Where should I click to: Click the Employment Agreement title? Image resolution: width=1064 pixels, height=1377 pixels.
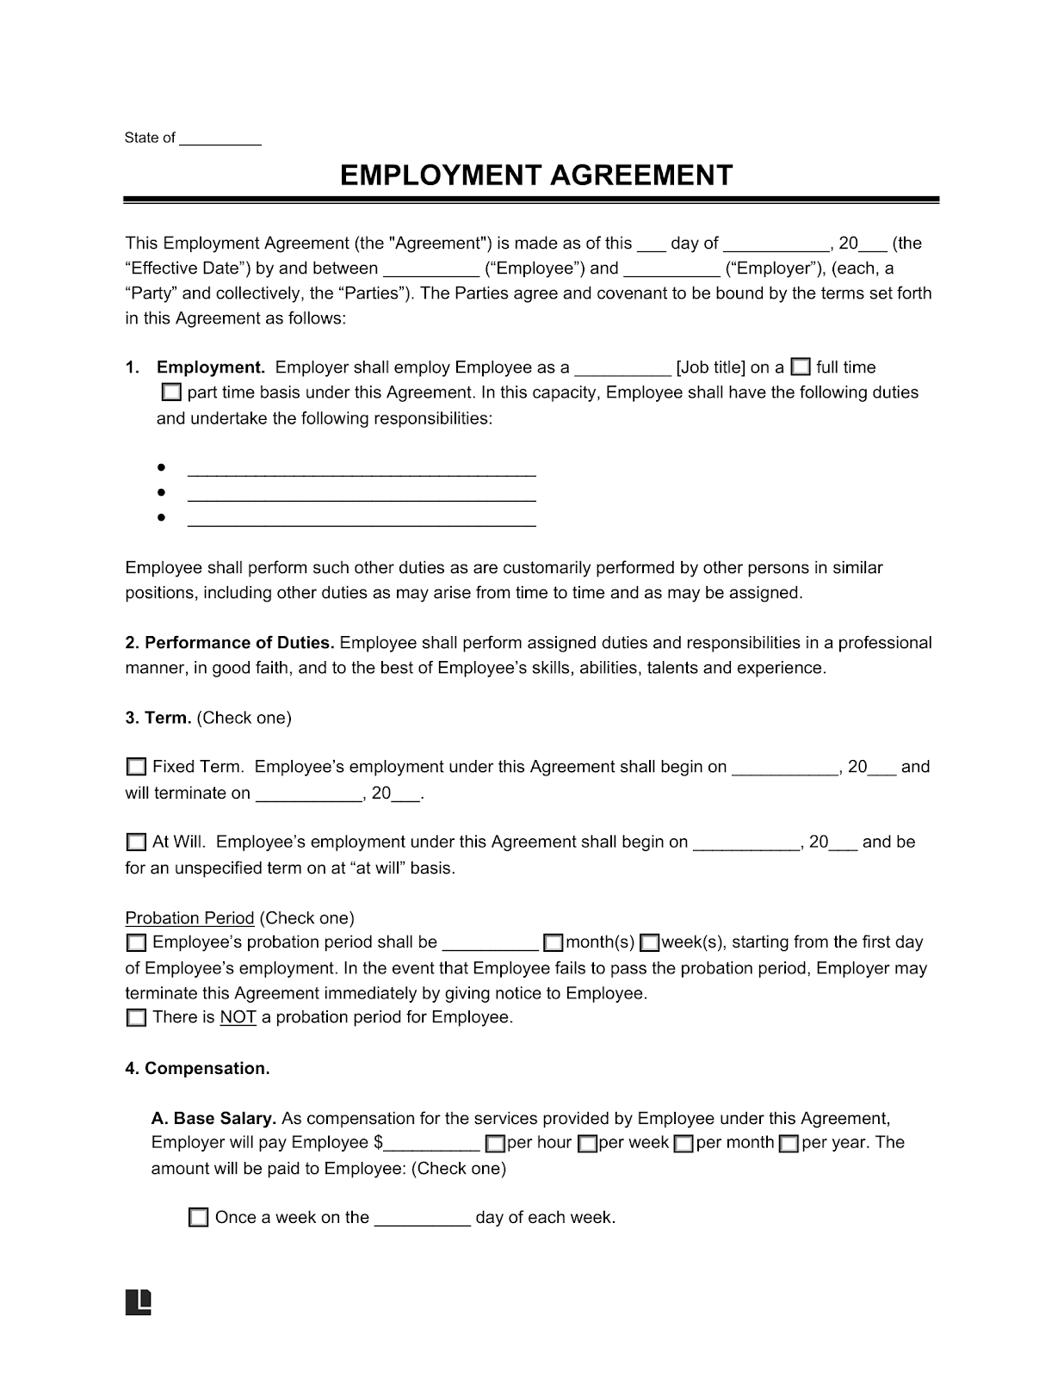(535, 176)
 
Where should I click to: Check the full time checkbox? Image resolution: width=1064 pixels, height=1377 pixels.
(801, 367)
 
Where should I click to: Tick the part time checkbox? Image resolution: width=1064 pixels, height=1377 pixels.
(171, 393)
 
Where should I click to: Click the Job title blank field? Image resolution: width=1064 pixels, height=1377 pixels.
(622, 369)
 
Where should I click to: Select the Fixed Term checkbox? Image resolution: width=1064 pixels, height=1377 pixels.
(136, 767)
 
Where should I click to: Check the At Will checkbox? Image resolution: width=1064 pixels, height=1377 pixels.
(136, 843)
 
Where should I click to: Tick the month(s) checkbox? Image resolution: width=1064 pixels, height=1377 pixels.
(554, 943)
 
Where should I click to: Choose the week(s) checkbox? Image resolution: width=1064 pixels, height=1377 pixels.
(651, 943)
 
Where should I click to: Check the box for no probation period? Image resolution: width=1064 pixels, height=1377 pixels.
(136, 1018)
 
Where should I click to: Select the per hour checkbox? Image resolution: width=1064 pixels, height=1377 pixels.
(495, 1144)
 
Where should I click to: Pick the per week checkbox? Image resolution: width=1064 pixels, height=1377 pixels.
(588, 1144)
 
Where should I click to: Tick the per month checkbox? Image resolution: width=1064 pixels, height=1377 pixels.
(684, 1144)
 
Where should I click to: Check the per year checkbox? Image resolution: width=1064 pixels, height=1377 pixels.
(789, 1144)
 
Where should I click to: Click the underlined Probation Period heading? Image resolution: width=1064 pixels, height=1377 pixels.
(189, 918)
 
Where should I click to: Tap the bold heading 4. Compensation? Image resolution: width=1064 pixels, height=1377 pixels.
(197, 1069)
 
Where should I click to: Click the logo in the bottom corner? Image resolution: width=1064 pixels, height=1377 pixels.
(139, 1302)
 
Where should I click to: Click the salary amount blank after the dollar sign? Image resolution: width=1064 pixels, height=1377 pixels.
(432, 1145)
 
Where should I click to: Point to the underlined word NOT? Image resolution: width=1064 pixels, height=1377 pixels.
(238, 1018)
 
